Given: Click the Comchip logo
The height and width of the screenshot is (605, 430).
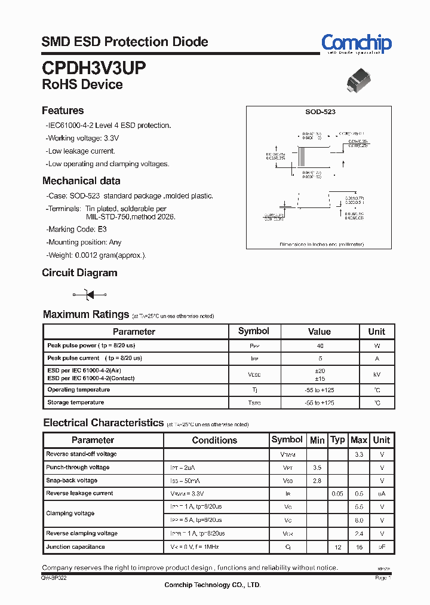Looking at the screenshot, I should [356, 44].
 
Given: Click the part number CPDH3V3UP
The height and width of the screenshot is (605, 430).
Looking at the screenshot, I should [93, 67].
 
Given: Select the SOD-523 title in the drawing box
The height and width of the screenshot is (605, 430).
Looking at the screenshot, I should [320, 112].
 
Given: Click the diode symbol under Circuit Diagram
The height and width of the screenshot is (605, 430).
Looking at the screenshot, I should [90, 294].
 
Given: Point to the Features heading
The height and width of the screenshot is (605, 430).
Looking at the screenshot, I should [63, 111].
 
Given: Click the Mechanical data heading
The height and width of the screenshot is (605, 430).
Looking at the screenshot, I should [81, 181].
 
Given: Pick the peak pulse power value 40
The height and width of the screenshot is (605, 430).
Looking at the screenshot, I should [320, 346].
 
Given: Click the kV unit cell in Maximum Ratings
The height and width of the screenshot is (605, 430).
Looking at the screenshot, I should [376, 374].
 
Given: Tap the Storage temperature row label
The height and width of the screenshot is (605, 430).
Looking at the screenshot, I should [76, 402].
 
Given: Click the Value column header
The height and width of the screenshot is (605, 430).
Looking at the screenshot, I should [320, 331].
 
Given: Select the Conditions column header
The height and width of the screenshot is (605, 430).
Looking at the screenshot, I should [214, 440].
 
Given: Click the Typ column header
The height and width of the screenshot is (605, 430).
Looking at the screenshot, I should [338, 439].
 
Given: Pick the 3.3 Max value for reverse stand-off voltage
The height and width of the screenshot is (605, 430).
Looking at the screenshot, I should [358, 454].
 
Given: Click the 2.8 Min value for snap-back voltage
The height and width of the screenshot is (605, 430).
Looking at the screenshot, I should [317, 481].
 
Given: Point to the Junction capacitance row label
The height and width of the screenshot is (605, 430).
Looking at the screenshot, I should [75, 546].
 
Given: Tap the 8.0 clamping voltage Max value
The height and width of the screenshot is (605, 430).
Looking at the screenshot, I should [358, 520].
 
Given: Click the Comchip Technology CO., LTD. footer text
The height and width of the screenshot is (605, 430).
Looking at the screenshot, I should [212, 585].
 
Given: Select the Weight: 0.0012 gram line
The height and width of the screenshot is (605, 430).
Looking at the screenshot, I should [96, 255].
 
